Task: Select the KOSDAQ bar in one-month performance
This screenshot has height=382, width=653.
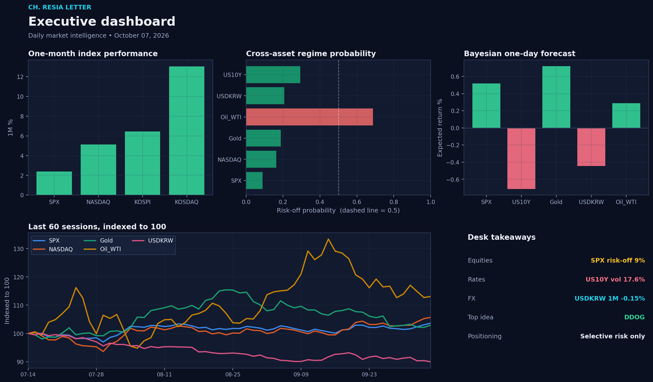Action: click(x=187, y=130)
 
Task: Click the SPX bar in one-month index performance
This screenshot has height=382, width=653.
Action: click(x=54, y=183)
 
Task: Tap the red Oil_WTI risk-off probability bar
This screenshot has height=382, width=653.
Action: click(x=309, y=117)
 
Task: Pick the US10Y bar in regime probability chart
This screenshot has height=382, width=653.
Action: click(x=273, y=75)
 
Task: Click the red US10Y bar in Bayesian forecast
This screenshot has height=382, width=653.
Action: click(x=521, y=159)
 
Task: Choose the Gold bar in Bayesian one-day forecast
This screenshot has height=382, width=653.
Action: click(x=556, y=97)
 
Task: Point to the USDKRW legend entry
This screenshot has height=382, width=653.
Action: click(x=152, y=240)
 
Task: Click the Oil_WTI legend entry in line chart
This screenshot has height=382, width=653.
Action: click(x=102, y=249)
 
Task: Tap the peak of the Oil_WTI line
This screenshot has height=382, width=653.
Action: click(x=328, y=239)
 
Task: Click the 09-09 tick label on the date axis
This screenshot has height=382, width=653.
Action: click(x=301, y=374)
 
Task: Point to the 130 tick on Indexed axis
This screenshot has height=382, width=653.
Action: click(x=18, y=249)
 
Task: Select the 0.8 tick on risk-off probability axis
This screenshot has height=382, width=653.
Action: click(x=393, y=202)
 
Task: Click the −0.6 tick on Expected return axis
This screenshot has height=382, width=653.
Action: click(x=453, y=179)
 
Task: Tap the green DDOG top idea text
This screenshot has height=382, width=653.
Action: click(x=634, y=317)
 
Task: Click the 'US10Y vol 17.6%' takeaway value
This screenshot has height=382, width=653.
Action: click(x=615, y=279)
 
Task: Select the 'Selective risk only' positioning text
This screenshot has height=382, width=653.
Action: click(x=613, y=336)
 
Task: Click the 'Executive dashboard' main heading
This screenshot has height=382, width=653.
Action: click(x=102, y=21)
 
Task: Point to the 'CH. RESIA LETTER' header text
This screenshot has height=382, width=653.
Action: click(x=60, y=7)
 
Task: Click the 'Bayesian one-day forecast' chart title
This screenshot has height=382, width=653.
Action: click(x=520, y=54)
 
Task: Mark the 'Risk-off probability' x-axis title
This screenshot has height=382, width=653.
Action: click(x=306, y=210)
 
